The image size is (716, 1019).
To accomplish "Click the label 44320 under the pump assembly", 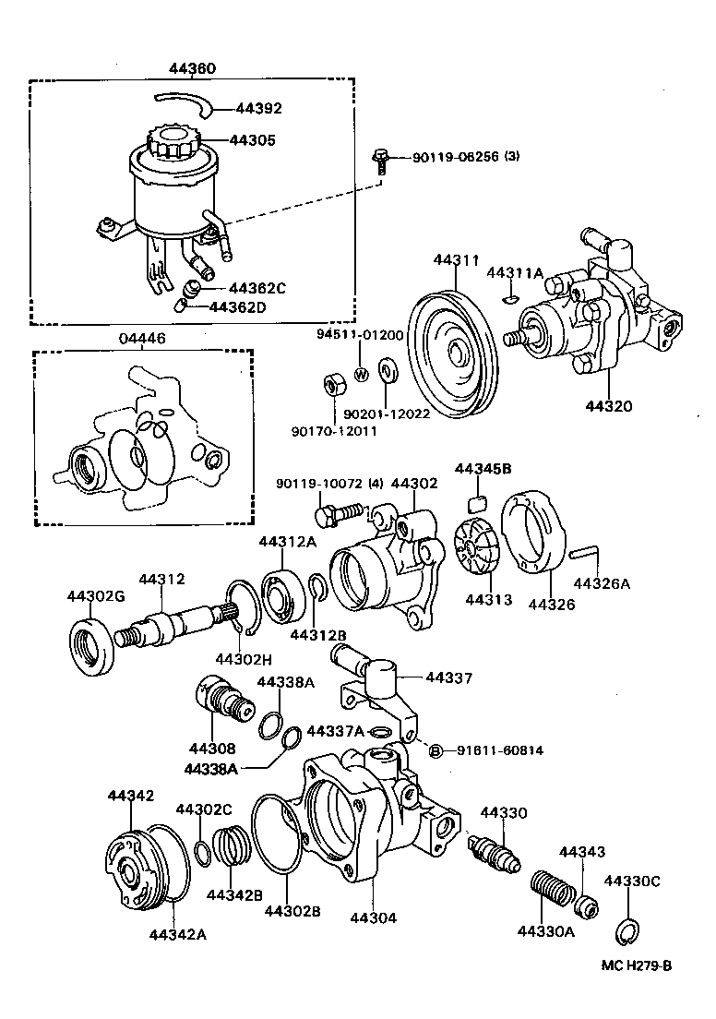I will coord(609,405).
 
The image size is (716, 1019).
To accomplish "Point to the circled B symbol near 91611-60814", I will coord(436,750).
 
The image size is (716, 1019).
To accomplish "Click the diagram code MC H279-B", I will coord(636,965).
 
